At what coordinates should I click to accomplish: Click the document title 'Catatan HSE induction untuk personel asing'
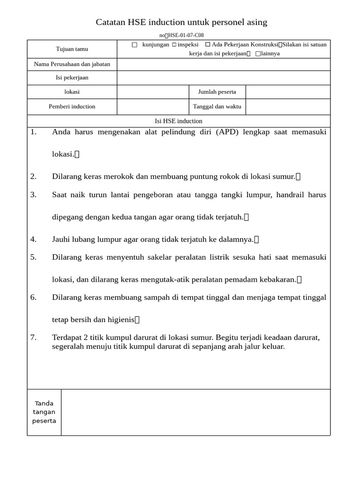(x=181, y=22)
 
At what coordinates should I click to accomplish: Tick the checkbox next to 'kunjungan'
(x=135, y=45)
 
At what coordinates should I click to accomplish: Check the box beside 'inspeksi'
(x=174, y=45)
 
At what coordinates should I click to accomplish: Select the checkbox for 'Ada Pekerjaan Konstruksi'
(x=208, y=45)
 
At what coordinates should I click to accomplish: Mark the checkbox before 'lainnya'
(x=258, y=54)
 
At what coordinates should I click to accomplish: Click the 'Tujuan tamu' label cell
(x=72, y=49)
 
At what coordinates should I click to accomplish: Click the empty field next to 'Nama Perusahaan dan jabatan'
(x=223, y=64)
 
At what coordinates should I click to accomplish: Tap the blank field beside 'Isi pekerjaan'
(x=223, y=78)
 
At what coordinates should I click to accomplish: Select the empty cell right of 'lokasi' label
(x=153, y=92)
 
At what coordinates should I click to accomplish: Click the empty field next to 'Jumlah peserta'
(x=288, y=92)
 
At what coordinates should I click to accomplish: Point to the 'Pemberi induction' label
(x=72, y=106)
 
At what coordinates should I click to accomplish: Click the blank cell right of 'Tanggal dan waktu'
(x=288, y=106)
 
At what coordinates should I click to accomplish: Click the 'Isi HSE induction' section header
(x=179, y=121)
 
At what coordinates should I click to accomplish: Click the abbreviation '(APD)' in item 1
(x=227, y=132)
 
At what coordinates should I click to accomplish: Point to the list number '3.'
(x=33, y=195)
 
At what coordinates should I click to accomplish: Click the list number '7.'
(x=33, y=337)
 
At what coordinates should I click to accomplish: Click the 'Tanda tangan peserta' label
(x=44, y=412)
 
